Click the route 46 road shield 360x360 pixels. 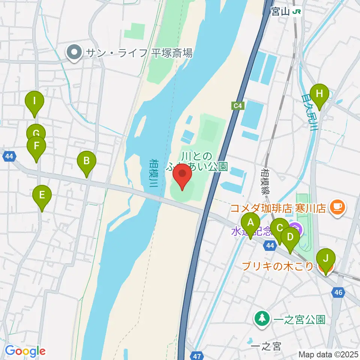pos(339,292)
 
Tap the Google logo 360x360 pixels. pos(25,351)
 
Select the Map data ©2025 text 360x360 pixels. pos(328,354)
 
